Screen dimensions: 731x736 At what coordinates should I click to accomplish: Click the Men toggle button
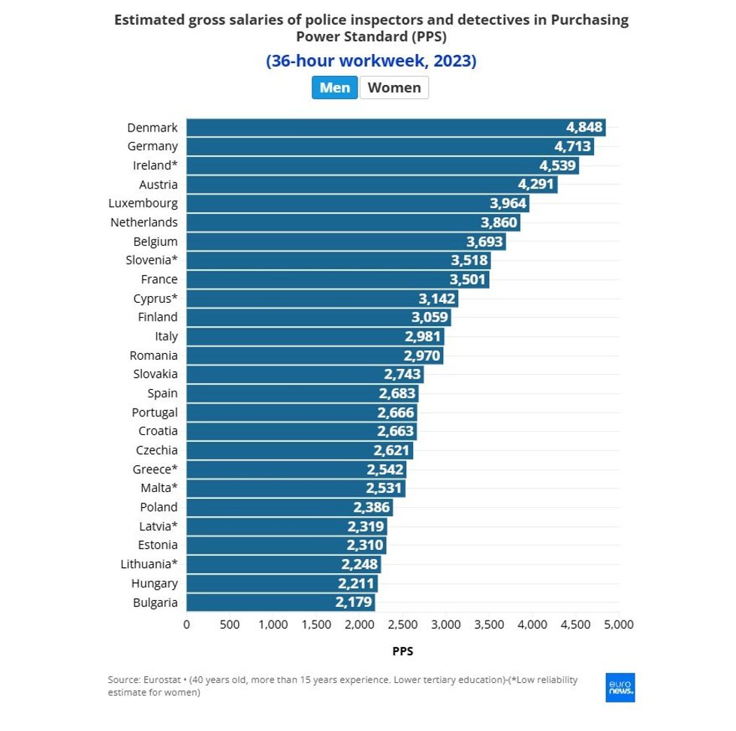[335, 88]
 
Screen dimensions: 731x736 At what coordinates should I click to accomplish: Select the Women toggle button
[394, 88]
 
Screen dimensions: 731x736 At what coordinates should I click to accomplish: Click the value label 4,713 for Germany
[572, 147]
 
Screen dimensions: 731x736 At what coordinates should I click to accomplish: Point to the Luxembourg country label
[143, 204]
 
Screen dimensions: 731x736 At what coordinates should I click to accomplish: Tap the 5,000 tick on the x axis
[618, 624]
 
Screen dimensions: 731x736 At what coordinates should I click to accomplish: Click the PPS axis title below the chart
[403, 651]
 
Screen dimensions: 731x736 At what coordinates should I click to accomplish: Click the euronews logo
[620, 687]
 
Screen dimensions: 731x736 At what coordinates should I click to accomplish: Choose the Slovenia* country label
[152, 261]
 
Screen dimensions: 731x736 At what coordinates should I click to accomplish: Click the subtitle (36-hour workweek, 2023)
[371, 61]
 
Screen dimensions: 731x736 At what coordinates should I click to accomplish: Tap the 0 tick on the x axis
[187, 624]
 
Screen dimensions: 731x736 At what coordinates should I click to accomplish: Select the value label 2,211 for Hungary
[356, 583]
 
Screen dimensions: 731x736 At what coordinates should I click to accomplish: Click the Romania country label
[153, 355]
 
